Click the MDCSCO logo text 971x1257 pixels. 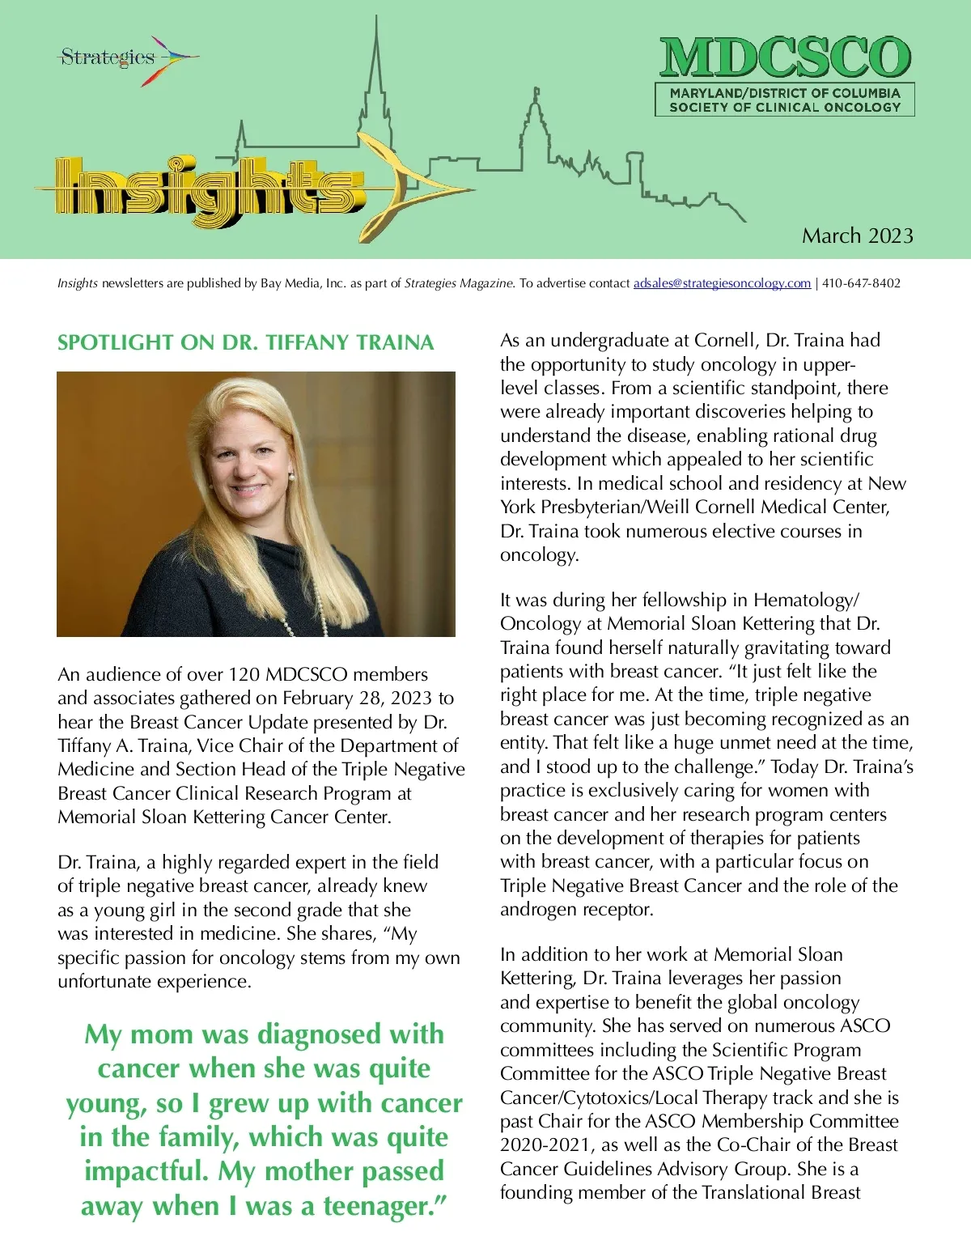(x=785, y=58)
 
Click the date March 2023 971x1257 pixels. (x=857, y=236)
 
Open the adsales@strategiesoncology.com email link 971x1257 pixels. (x=722, y=283)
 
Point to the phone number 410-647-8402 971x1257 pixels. (x=861, y=283)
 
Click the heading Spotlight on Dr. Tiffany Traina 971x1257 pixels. (x=245, y=342)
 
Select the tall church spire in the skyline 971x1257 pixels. (x=375, y=73)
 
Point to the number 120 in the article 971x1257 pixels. (x=244, y=674)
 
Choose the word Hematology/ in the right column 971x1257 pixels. (x=806, y=600)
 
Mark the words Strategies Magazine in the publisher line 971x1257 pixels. (x=459, y=283)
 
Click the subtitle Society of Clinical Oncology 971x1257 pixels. (x=785, y=107)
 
